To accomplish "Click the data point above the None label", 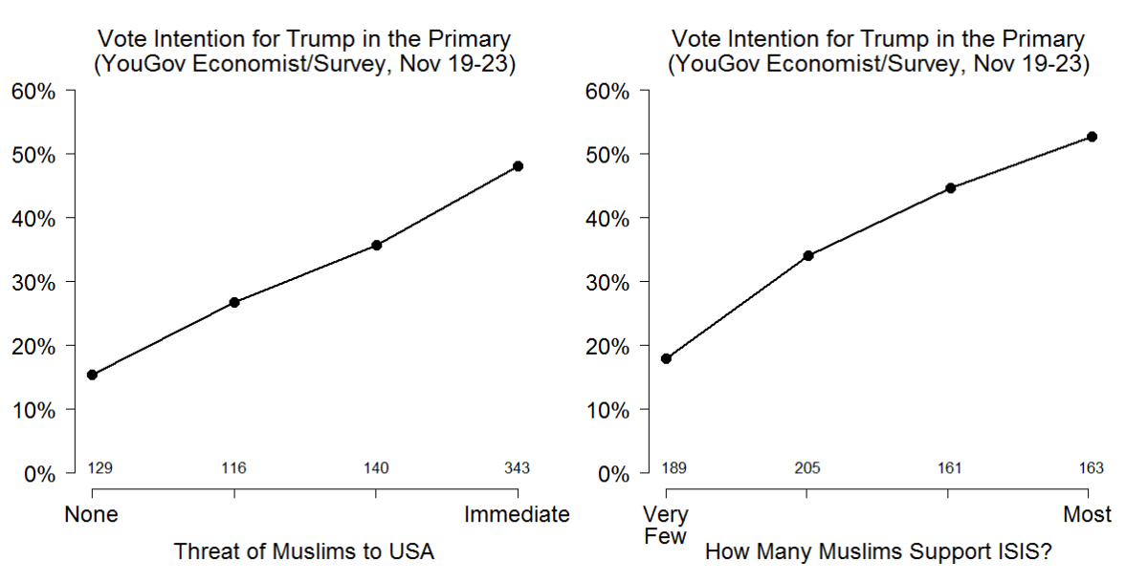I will tap(92, 375).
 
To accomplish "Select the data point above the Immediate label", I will tap(518, 166).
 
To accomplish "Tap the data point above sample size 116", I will tap(233, 302).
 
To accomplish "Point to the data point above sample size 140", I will tap(376, 246).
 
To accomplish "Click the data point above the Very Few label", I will tap(666, 358).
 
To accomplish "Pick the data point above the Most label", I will tap(1092, 137).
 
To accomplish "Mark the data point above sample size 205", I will tap(807, 255).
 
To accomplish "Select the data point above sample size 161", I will tap(950, 188).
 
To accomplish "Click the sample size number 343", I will tap(518, 468).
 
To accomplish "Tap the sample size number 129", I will tap(100, 468).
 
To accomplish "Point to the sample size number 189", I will tap(674, 468).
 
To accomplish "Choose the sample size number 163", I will tap(1092, 468).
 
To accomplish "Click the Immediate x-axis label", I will tap(518, 515).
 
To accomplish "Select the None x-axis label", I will tap(92, 515).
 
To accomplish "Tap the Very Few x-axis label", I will tap(666, 526).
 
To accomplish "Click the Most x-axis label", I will tap(1088, 515).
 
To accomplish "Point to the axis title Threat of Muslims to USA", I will tap(303, 551).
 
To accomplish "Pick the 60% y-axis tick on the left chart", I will tap(33, 92).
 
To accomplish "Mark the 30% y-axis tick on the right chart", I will tap(607, 282).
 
